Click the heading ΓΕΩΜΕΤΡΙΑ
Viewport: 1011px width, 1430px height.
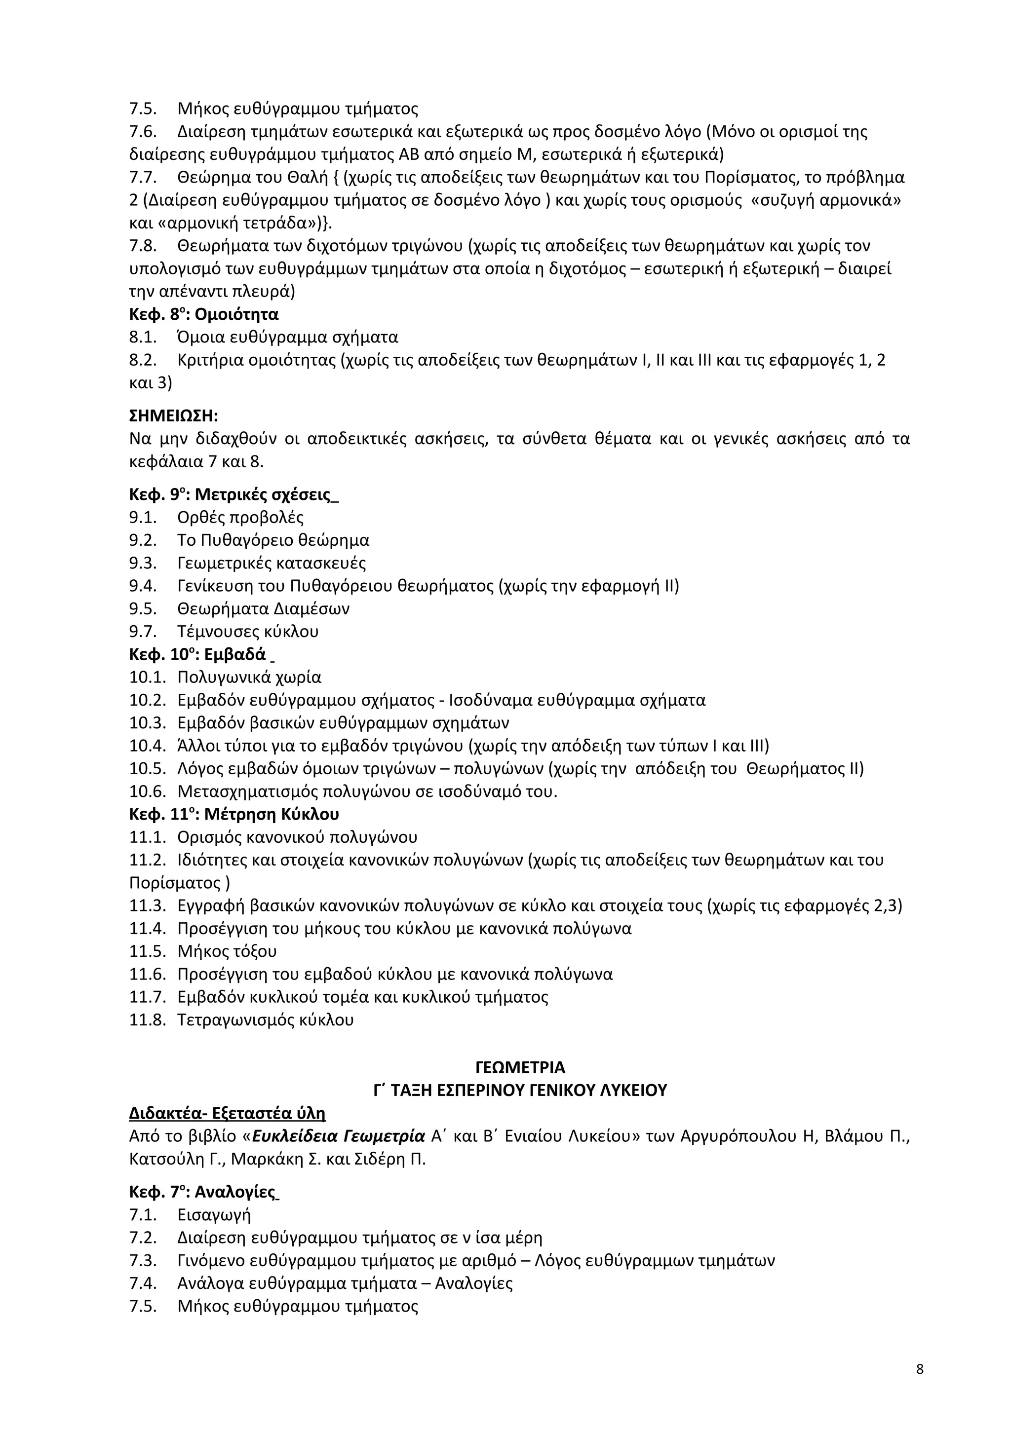tap(520, 1067)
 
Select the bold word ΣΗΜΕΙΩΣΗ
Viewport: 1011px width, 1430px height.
tap(173, 416)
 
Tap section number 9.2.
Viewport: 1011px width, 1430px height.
tap(143, 540)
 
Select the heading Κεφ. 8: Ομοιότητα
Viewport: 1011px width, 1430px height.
tap(204, 314)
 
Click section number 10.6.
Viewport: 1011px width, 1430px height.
tap(147, 791)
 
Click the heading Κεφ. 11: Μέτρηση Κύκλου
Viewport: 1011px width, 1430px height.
tap(233, 814)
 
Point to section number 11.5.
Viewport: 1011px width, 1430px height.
tap(147, 952)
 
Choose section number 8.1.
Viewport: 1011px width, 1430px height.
tap(143, 338)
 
